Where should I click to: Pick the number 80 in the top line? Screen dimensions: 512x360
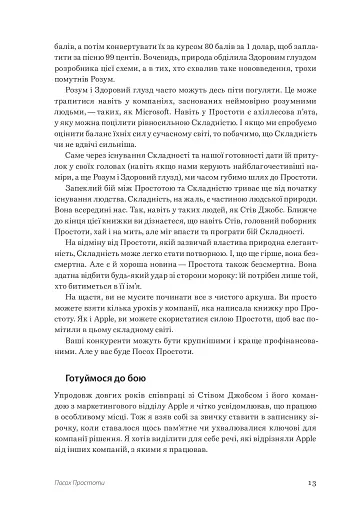point(195,33)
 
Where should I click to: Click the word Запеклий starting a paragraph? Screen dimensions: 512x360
point(78,205)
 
